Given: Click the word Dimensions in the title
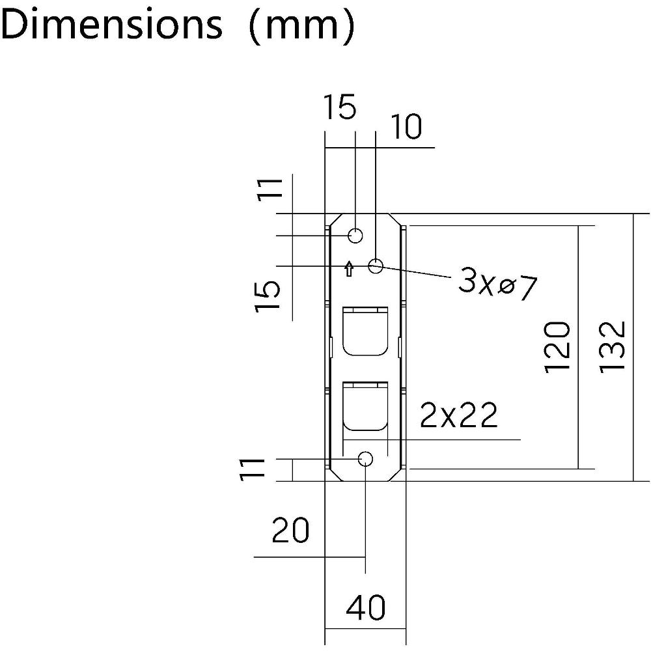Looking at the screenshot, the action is coord(111,24).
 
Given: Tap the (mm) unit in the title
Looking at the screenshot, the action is coord(302,25).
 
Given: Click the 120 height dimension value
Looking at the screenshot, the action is coord(557,347).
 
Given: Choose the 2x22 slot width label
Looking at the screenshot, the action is coord(459,415).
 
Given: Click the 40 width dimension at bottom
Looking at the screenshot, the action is coord(366,607).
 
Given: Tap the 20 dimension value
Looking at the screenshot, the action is coord(290,530).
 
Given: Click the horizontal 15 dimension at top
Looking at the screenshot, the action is coord(340,107).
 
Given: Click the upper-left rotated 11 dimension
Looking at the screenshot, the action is coord(270,189).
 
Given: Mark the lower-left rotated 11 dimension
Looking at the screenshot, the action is coord(253,469).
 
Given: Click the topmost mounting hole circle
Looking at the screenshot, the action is coord(355,236).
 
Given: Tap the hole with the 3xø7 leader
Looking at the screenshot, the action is coord(376,266).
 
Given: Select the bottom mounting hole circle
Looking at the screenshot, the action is coord(365,459).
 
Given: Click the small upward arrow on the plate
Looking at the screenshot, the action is coord(350,269).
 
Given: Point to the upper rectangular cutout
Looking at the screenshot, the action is coord(365,331).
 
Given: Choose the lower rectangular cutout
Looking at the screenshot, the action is coord(365,406).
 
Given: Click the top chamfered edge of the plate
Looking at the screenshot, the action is coord(366,214).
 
